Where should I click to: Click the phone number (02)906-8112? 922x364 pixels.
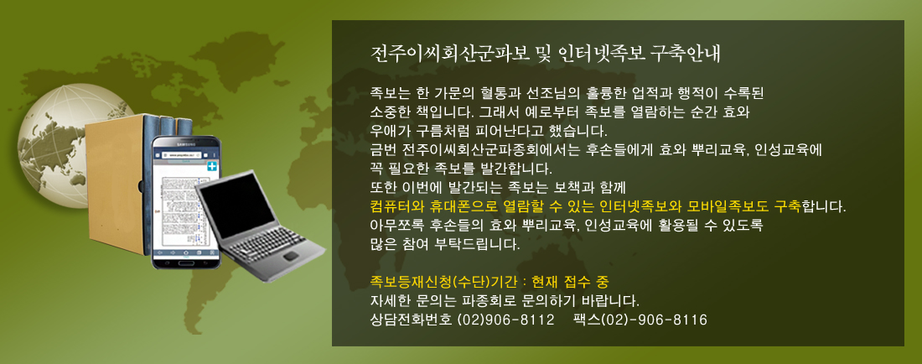click(505, 320)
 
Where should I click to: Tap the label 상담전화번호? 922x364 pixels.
click(411, 320)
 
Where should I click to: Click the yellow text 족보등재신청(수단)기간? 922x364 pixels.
click(443, 281)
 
